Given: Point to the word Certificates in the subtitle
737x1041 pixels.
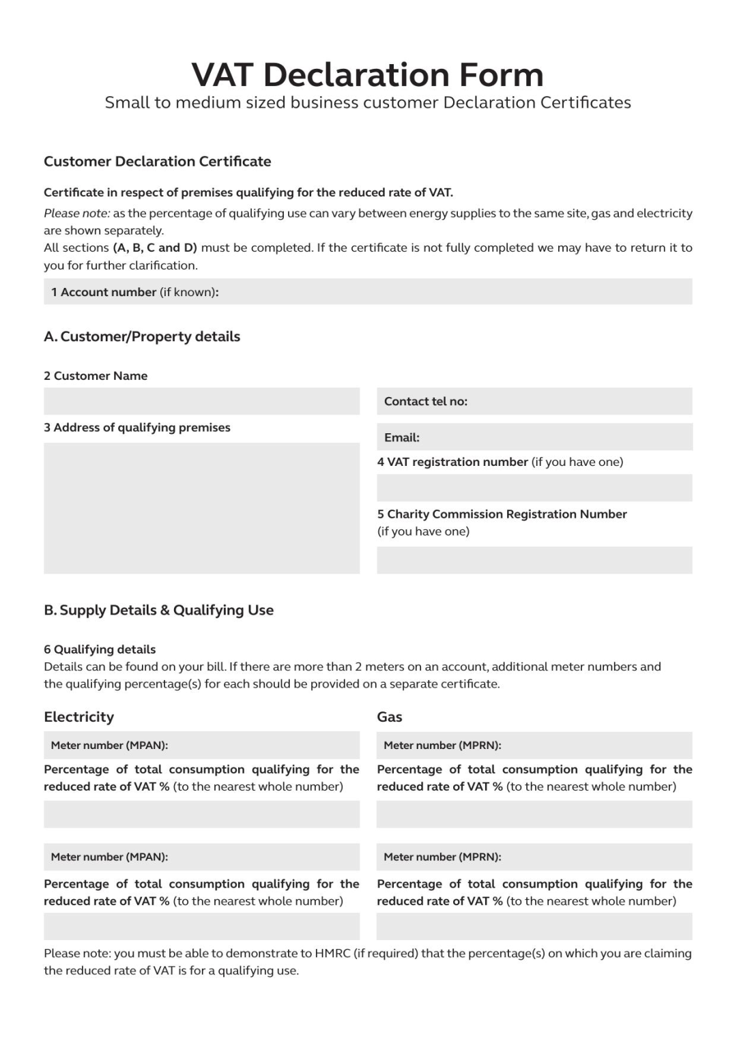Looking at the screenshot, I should (586, 103).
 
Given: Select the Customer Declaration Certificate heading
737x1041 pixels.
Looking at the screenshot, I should (157, 162).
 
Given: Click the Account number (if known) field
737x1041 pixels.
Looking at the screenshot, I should (368, 292).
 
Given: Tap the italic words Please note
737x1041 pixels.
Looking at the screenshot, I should (76, 214).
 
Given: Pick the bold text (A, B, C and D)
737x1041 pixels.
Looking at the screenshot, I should (155, 248).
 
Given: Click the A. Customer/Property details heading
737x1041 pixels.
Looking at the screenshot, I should (142, 336).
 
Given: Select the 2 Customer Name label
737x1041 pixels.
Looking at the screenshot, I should (96, 376).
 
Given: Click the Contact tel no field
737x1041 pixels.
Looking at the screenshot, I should (534, 401).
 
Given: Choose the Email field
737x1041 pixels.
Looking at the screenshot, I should (534, 437).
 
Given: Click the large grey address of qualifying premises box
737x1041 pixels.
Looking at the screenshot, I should (201, 508).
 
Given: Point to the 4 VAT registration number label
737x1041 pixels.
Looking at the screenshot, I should (452, 462).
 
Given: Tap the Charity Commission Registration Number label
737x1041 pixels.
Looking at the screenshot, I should (502, 514).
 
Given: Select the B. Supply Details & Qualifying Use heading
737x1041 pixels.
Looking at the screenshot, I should (158, 611).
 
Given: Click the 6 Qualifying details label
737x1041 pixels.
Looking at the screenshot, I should (100, 649).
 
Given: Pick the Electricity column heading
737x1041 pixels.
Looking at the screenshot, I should (78, 717).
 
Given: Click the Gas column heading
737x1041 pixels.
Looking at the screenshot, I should (389, 717).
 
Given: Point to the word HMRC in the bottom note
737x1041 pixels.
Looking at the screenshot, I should (332, 954).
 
